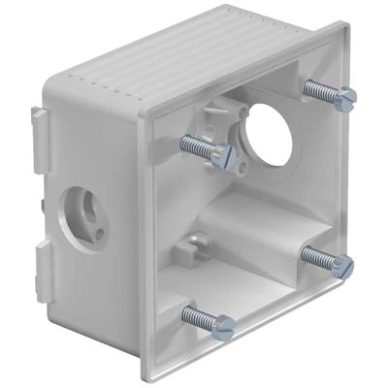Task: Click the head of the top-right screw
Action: click(x=344, y=97)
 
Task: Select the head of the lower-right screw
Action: click(x=341, y=264)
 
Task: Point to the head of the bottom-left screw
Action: click(x=222, y=326)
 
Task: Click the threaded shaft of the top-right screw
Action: click(x=319, y=90)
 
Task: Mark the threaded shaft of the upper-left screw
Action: click(x=197, y=145)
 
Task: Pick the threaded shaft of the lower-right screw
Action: click(x=317, y=256)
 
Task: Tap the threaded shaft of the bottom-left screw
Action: click(x=198, y=316)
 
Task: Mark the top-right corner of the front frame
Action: click(x=340, y=29)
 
